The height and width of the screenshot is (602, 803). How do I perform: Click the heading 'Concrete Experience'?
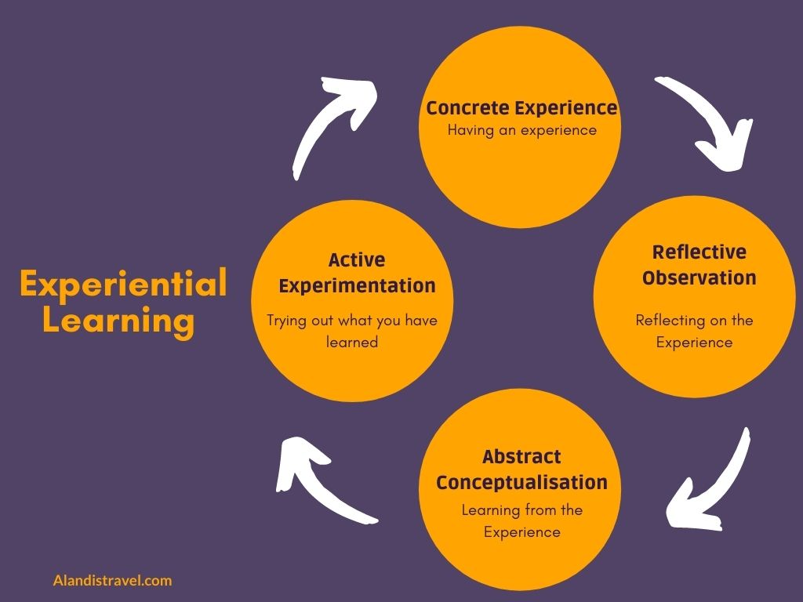point(521,108)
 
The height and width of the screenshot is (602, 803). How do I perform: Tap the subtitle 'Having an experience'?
point(521,130)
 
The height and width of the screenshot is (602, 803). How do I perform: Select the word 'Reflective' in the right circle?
point(699,252)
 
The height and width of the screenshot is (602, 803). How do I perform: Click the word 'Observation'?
point(699,277)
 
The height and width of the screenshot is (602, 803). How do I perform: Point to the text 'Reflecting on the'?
point(694,321)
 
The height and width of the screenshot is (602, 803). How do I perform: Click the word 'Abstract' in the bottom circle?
point(521,456)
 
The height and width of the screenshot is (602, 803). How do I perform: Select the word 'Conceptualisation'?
point(521,482)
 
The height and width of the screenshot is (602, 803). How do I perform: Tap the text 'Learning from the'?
point(521,510)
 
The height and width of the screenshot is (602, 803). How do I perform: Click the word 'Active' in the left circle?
point(357,259)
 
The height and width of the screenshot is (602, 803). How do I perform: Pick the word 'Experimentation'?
point(357,285)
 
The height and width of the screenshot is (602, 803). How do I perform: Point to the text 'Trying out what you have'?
point(352,321)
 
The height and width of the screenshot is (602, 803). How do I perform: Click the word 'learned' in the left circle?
point(352,342)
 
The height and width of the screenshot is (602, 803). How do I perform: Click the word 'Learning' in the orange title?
point(118,321)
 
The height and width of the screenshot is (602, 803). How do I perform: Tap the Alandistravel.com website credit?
point(112,581)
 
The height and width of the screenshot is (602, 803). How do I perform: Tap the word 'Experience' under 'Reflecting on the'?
point(694,343)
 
